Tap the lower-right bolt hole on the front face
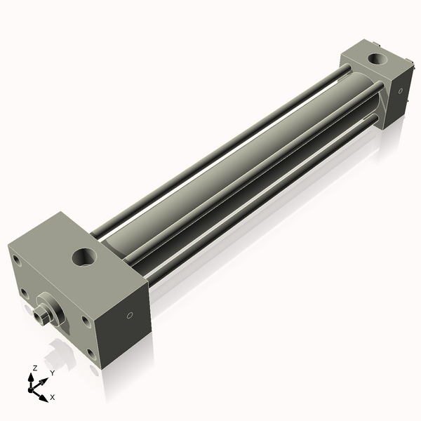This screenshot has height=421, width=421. [86, 321]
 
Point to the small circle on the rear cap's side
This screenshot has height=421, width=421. [399, 90]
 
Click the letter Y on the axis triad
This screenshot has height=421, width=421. [51, 373]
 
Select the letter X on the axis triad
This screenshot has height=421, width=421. [53, 397]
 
